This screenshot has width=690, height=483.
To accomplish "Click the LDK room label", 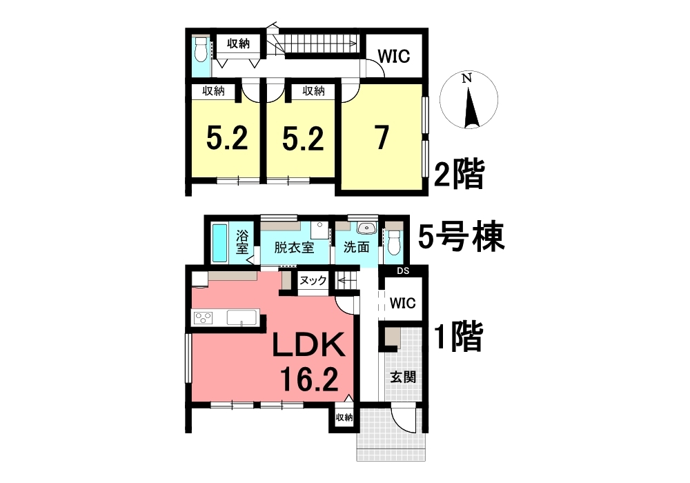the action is (x=308, y=345).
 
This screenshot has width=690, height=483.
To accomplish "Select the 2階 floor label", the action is (x=460, y=174).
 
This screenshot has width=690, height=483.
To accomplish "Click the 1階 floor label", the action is (x=459, y=337).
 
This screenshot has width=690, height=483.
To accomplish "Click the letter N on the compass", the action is (x=467, y=79).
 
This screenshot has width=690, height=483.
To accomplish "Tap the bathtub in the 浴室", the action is (x=219, y=244).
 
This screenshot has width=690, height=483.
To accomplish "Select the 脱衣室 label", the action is (x=294, y=248).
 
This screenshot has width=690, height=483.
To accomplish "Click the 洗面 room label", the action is (x=356, y=247).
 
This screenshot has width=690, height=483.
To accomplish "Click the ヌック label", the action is (x=313, y=279).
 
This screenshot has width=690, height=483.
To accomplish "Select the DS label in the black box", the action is (x=403, y=271).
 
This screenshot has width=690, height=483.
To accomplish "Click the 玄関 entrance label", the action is (x=403, y=377).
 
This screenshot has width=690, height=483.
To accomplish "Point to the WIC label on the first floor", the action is (x=403, y=303).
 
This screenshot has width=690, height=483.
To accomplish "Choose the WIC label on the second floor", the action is (x=393, y=57).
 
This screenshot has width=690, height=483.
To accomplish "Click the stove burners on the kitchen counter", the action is (x=203, y=317).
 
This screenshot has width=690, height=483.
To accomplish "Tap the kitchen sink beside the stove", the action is (x=242, y=317).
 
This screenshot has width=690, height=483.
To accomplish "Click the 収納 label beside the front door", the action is (x=344, y=417).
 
